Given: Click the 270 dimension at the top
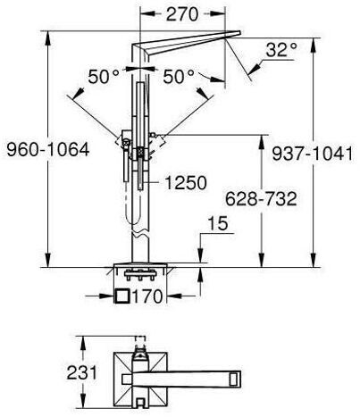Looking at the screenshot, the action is (x=182, y=14).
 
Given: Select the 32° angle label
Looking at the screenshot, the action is (x=281, y=50).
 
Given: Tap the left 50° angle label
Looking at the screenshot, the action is (x=104, y=77).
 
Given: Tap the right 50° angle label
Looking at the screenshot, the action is (x=179, y=77).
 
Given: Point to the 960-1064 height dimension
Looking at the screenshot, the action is (x=48, y=149).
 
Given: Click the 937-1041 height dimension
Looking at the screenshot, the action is (x=313, y=154).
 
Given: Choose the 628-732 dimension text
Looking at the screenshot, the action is (x=261, y=199).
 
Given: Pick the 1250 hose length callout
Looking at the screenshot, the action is (x=186, y=182).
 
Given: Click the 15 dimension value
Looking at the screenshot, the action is (x=218, y=223).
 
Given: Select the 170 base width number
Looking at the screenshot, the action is (x=147, y=296).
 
